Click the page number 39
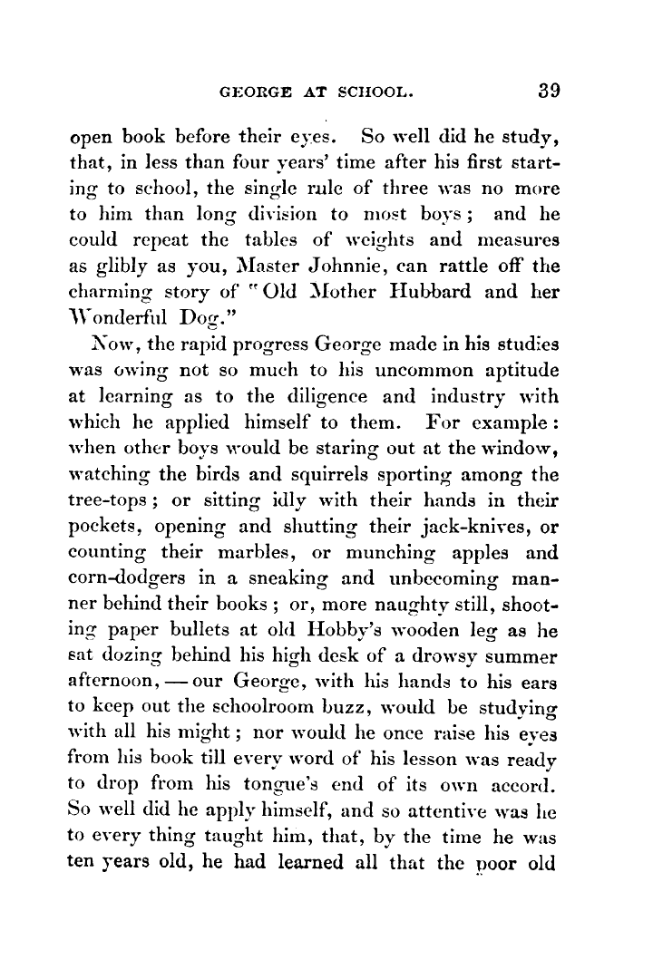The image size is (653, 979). pyautogui.click(x=550, y=92)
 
